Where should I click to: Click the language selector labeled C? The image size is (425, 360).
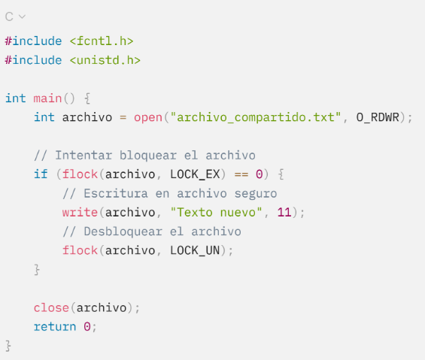[x=15, y=17]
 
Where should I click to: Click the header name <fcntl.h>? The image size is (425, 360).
[x=102, y=41]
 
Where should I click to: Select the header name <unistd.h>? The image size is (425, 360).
[x=105, y=60]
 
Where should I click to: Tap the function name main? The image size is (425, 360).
[x=47, y=98]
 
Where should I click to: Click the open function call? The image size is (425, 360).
[x=148, y=117]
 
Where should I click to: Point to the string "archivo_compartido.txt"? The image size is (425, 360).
[x=256, y=117]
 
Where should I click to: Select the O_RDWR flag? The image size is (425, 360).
[x=378, y=117]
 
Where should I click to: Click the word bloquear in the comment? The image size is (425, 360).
[x=148, y=156]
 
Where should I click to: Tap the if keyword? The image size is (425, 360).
[x=41, y=174]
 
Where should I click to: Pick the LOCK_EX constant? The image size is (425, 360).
[x=195, y=174]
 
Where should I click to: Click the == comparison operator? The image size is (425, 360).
[x=241, y=174]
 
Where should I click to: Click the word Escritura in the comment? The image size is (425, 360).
[x=116, y=193]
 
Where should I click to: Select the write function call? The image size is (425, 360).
[x=80, y=213]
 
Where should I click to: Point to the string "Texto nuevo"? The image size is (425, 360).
[x=216, y=212]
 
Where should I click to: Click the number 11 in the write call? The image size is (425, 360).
[x=284, y=213]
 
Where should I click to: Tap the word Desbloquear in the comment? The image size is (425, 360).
[x=123, y=231]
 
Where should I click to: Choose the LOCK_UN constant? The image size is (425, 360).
[x=195, y=250]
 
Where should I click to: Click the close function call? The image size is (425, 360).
[x=51, y=307]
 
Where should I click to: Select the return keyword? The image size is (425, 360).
[x=55, y=327]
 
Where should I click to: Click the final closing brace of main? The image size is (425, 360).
[x=8, y=346]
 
